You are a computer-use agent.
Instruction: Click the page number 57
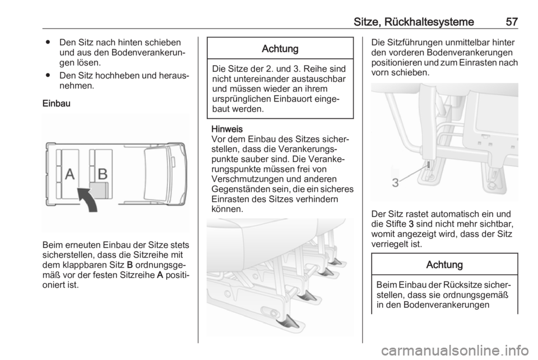[x=511, y=22]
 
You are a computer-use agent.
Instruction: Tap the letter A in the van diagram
[x=69, y=174]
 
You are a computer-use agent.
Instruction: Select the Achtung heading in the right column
[x=444, y=264]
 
